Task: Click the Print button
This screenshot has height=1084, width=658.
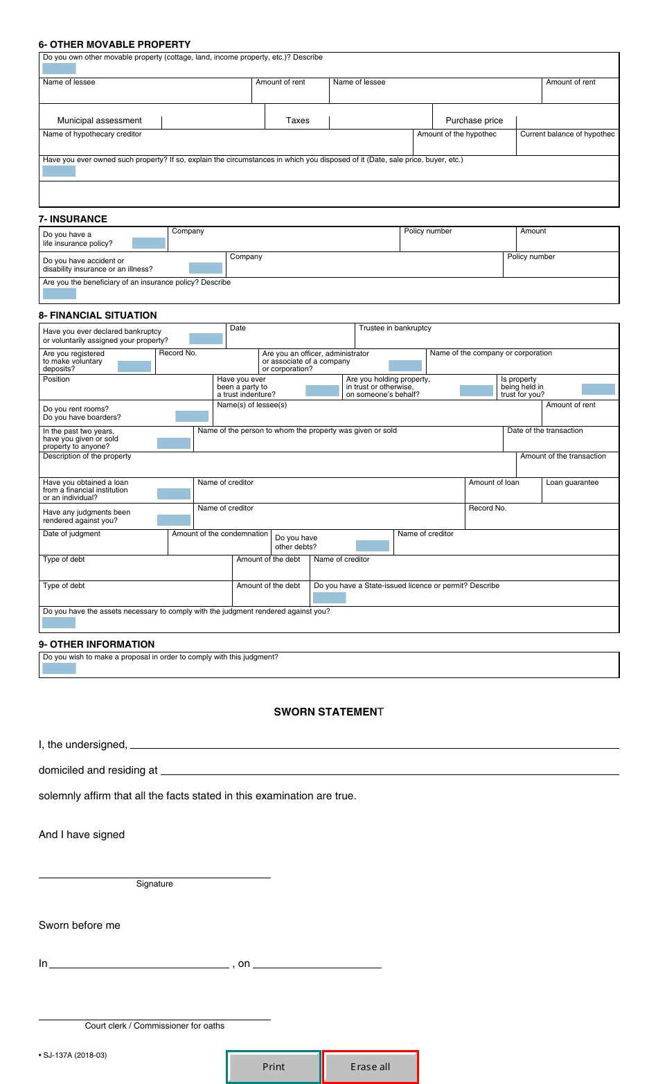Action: coord(274,1067)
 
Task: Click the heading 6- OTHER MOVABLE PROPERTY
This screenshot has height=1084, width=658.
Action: coord(114,44)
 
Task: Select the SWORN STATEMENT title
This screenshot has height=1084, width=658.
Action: coord(328,712)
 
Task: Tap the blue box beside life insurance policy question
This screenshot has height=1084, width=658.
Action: coord(148,243)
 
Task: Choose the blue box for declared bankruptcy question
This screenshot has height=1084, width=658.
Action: coord(206,339)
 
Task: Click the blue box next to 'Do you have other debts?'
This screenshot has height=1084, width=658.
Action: coord(372,546)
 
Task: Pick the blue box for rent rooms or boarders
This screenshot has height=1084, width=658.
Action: coord(192,416)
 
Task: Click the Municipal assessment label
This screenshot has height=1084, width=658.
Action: coord(99,121)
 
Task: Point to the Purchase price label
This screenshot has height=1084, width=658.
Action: coord(474,121)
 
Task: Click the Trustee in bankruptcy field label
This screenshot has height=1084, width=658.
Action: coord(395,328)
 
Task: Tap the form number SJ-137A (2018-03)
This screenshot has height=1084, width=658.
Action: coord(73,1056)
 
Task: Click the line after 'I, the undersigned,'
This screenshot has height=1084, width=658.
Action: coord(374,745)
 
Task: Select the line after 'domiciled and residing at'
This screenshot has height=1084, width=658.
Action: coord(389,770)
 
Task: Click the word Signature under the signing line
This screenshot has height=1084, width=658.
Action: coord(154,884)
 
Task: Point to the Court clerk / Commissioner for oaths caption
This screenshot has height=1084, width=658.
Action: coord(154,1026)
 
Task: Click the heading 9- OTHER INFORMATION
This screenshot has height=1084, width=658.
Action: coord(96,644)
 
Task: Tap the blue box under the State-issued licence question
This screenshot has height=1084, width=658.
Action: coord(329,598)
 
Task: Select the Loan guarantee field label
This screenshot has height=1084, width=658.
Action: coord(572,483)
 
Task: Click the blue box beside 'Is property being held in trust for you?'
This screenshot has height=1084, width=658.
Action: coord(598,389)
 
